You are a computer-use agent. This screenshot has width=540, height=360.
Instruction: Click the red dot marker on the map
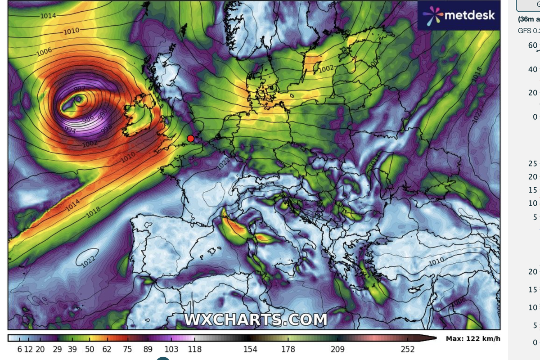(191, 138)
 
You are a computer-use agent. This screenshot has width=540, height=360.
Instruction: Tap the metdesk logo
(459, 15)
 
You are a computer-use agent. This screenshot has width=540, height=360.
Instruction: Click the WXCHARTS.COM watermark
(256, 319)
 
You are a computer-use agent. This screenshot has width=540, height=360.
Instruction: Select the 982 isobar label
(80, 89)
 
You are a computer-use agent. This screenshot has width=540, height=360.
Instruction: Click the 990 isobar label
(103, 112)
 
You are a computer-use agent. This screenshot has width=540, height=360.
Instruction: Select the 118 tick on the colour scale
(194, 349)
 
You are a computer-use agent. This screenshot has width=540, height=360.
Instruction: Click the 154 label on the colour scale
(250, 349)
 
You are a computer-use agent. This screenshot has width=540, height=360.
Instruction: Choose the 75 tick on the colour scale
(127, 349)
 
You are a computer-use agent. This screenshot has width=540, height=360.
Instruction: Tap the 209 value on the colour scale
(337, 349)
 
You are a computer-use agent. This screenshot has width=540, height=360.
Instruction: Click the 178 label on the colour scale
(288, 349)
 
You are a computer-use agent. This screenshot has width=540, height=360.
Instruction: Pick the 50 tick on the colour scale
(89, 349)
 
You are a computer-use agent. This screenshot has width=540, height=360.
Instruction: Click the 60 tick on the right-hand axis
(533, 45)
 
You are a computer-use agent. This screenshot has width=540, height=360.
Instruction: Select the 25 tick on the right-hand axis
(533, 163)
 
